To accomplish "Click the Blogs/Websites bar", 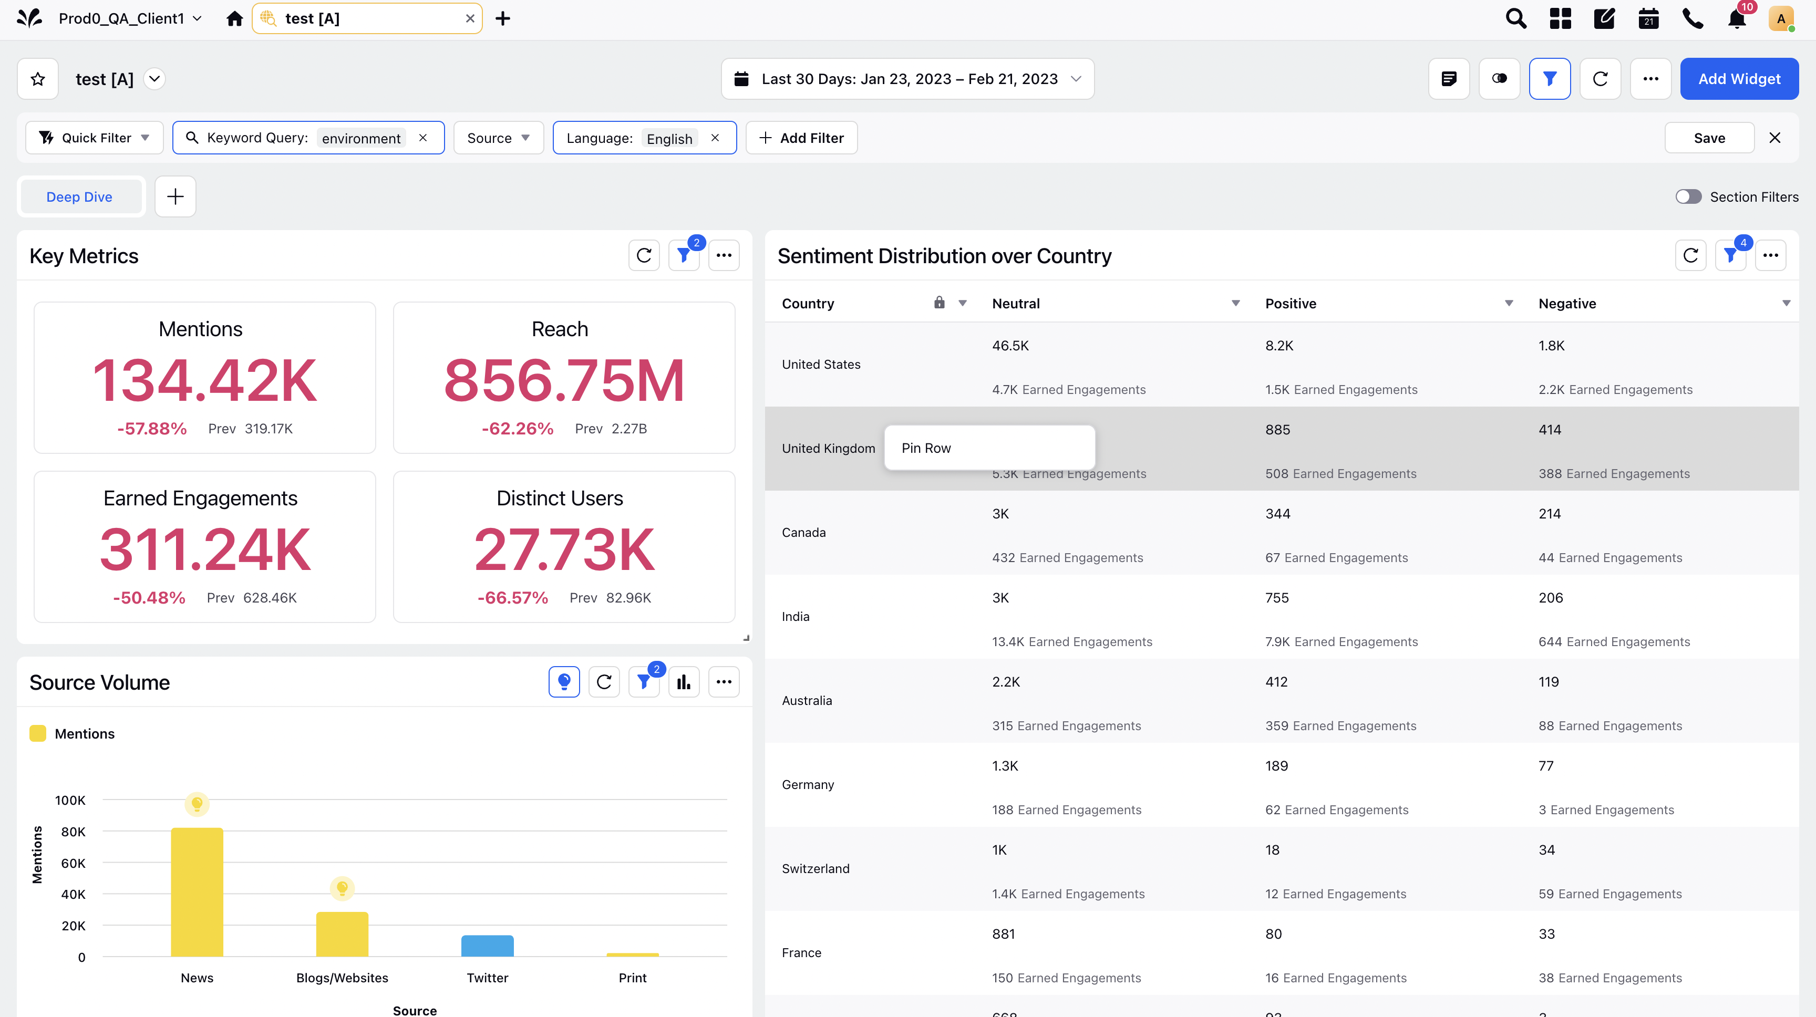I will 342,935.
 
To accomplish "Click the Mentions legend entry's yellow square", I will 38,734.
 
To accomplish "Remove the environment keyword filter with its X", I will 423,138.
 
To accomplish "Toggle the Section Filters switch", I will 1688,196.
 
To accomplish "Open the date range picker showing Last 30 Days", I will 907,79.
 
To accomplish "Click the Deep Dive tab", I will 79,196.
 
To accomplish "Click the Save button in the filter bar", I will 1709,138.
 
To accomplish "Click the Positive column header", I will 1290,304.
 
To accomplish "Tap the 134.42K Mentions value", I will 204,380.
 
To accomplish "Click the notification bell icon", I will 1736,19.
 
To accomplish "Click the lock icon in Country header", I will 939,303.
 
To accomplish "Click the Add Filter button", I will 801,138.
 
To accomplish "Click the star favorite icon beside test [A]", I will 38,79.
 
